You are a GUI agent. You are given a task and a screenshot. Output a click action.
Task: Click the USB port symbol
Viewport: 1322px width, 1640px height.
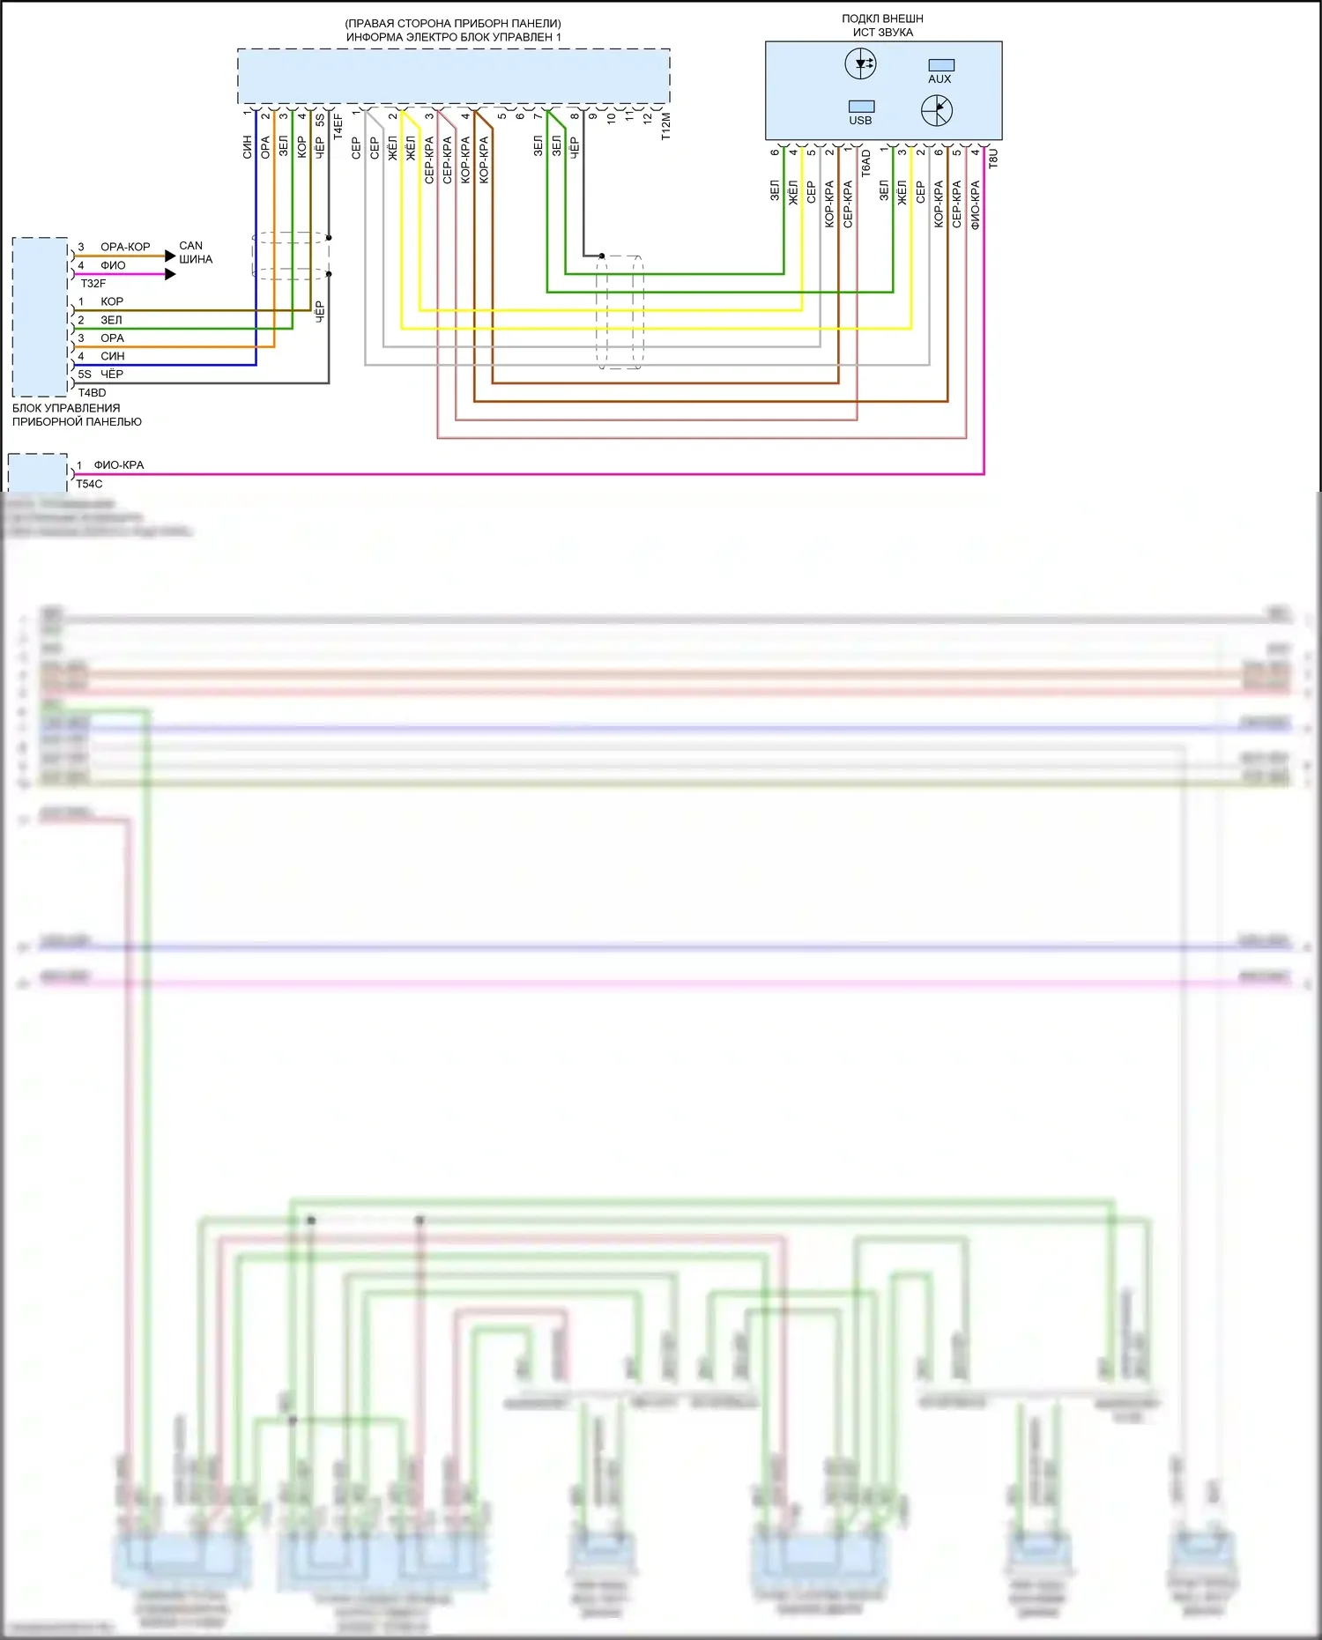(861, 107)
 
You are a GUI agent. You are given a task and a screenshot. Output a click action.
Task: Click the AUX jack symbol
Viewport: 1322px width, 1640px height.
(940, 65)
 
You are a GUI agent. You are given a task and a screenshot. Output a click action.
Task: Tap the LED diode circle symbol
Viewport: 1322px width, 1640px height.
(860, 63)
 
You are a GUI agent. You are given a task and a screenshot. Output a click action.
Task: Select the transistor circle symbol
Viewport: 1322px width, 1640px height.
(937, 110)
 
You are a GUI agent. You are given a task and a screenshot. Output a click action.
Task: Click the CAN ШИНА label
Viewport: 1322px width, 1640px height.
(195, 252)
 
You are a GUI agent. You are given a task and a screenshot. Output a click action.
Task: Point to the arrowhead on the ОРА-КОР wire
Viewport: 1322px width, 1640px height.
(170, 256)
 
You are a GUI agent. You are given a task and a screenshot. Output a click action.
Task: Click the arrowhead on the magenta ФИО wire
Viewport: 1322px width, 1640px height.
(170, 274)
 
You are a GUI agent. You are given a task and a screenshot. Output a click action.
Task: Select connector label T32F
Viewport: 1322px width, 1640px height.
(93, 284)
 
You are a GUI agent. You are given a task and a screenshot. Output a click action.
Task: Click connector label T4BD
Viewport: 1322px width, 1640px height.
(92, 393)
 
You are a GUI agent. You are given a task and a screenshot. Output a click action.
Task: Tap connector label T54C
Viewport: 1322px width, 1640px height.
(89, 484)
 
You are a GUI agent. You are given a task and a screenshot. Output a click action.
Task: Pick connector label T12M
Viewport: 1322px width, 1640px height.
(665, 126)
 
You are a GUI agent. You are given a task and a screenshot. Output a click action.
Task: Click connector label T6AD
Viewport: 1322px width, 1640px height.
(865, 163)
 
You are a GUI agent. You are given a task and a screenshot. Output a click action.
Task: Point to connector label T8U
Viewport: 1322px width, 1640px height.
(993, 159)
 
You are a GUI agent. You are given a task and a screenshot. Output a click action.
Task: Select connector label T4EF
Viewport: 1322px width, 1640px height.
(338, 126)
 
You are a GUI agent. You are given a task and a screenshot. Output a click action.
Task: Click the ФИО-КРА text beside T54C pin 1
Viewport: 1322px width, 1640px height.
(119, 465)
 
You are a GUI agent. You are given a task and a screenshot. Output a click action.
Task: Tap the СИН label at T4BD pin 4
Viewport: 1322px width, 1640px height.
(112, 356)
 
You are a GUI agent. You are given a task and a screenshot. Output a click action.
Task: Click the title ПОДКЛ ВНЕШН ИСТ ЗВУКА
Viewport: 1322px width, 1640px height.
(882, 26)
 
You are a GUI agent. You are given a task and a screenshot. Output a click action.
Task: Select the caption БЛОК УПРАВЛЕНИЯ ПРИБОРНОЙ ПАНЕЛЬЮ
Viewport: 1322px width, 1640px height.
(77, 415)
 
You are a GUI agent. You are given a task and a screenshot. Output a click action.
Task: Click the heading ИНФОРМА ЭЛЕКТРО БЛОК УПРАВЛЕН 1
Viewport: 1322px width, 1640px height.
(453, 37)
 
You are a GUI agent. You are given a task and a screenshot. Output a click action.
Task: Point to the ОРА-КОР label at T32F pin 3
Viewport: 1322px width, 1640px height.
(125, 247)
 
